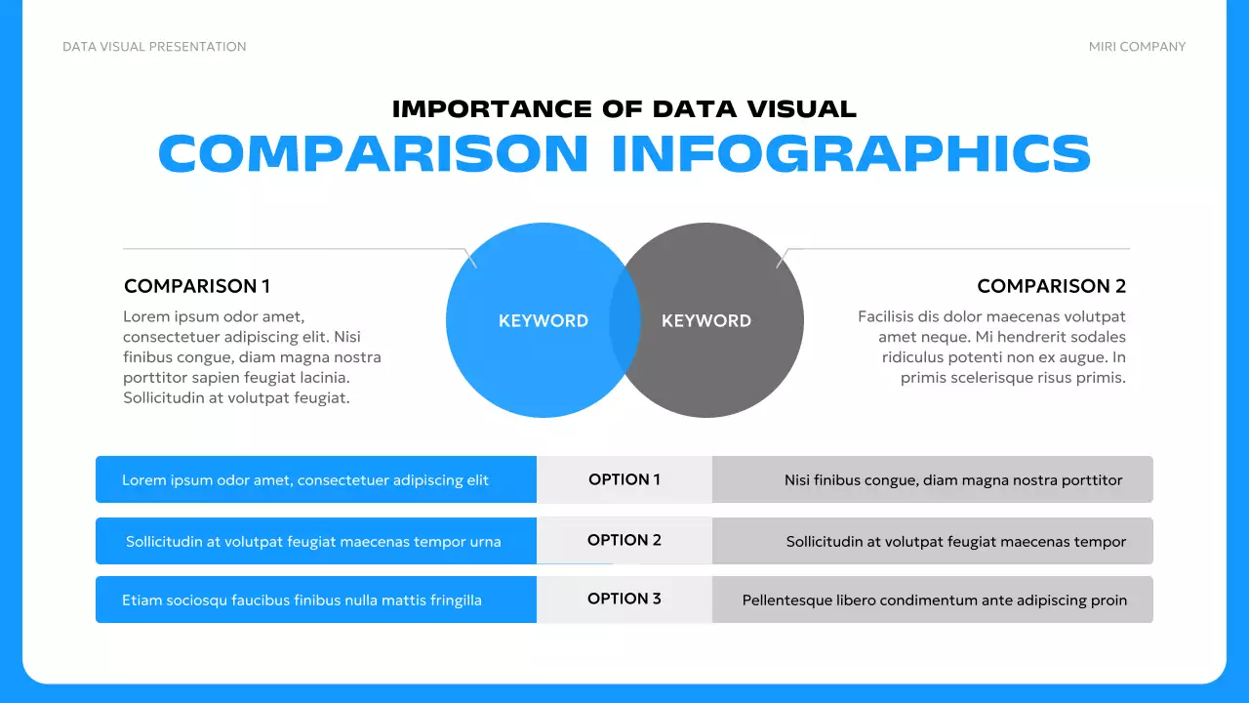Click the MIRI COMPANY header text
tap(1137, 47)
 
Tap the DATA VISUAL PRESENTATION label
tap(154, 47)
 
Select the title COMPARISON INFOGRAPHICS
tap(624, 153)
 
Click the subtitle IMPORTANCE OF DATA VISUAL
tap(624, 109)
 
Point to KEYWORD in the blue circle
tap(543, 320)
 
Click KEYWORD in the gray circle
tap(706, 320)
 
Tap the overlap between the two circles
tap(624, 320)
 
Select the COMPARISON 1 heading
tap(197, 286)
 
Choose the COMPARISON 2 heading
tap(1051, 286)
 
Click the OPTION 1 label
tap(624, 479)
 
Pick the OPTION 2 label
tap(624, 540)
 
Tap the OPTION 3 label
tap(624, 599)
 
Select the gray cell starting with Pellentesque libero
tap(933, 600)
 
